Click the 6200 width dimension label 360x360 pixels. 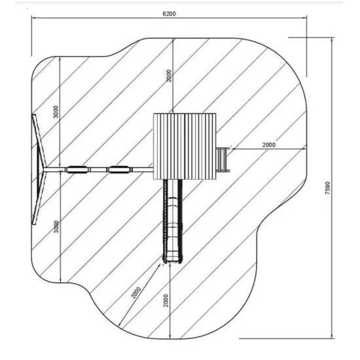(169, 14)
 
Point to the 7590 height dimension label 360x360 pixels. (328, 188)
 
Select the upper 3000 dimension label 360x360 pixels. (56, 111)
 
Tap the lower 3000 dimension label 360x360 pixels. (56, 226)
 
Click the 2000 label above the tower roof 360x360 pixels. (169, 75)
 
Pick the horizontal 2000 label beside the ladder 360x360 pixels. (269, 145)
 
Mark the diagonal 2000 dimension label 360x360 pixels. (136, 293)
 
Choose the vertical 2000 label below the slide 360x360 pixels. (166, 300)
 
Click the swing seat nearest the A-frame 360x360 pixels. (77, 170)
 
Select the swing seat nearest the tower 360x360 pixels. (119, 170)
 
